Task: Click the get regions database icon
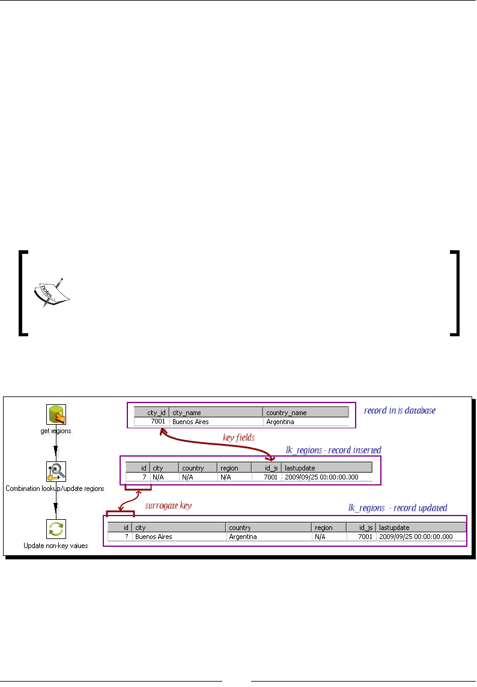point(56,414)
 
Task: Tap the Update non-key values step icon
point(56,529)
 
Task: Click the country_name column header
point(306,413)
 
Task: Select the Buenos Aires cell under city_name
point(216,422)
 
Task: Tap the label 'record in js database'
point(400,410)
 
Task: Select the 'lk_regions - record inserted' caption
point(333,449)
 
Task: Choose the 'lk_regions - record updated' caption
point(398,508)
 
